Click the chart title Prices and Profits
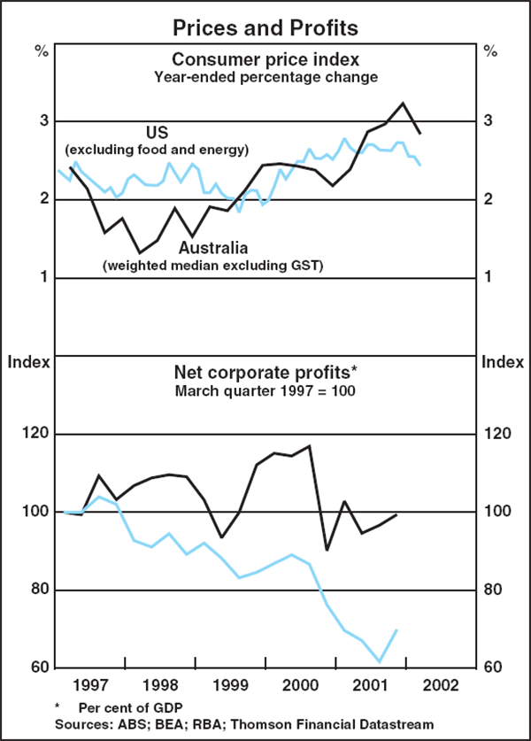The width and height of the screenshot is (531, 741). click(265, 27)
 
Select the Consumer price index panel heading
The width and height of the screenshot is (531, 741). click(265, 59)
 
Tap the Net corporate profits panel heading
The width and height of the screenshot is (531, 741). click(265, 372)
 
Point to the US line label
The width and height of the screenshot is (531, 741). click(156, 132)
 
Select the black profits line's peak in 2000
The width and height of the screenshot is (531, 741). click(310, 446)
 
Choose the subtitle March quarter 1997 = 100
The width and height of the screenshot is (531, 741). click(265, 390)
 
